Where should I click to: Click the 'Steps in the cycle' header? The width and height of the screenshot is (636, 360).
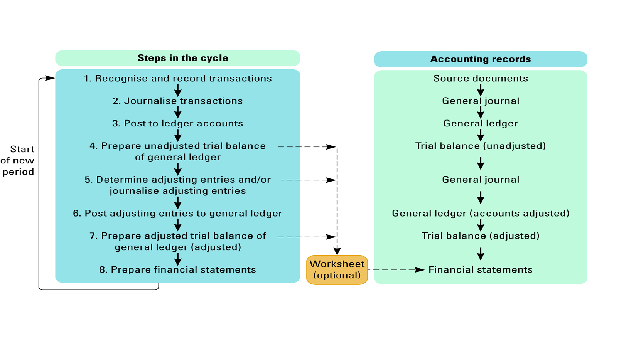coord(183,58)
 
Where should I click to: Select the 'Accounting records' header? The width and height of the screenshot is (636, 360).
coord(480,59)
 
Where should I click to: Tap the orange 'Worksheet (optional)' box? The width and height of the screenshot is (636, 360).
coord(337,269)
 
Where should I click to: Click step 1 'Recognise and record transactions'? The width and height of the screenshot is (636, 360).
coord(178,78)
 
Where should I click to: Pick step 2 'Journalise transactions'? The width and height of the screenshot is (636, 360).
coord(178,101)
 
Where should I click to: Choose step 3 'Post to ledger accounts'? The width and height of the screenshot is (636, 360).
coord(178,123)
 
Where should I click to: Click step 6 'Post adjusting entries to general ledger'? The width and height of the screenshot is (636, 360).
coord(178,213)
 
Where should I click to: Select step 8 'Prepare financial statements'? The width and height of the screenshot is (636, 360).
coord(178,269)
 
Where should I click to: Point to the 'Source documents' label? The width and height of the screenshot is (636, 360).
coord(480,78)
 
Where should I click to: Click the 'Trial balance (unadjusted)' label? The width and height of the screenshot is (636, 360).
coord(480,146)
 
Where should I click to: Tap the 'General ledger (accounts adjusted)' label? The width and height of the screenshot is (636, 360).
coord(480,213)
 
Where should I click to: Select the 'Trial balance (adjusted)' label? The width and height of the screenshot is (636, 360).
coord(480,236)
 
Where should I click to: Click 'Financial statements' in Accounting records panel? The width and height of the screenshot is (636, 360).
coord(480,269)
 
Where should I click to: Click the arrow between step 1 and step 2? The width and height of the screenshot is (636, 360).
coord(178,90)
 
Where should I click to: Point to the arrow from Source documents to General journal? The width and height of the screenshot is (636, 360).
coord(480,90)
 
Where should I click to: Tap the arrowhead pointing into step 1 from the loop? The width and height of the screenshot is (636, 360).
coord(50,78)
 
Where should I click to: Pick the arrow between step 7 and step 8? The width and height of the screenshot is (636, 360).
coord(178,259)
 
